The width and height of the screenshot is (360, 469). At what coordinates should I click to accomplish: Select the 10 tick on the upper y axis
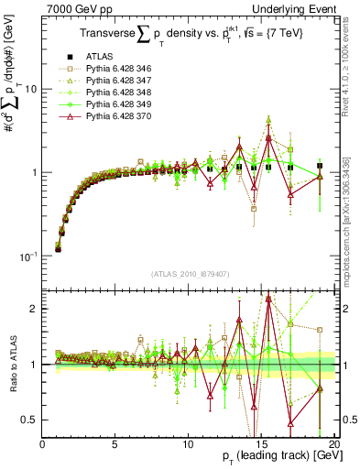pos(30,90)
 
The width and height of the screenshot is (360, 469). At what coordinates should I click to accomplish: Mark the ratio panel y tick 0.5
pos(28,420)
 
